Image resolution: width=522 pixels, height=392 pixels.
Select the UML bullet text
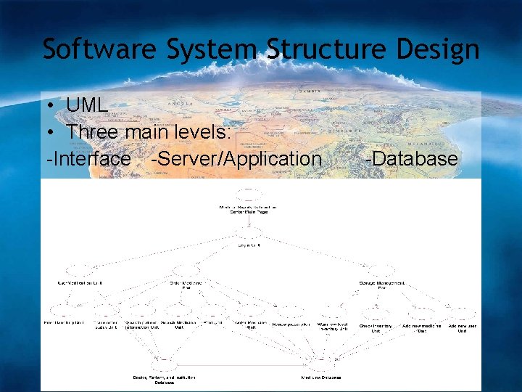86,105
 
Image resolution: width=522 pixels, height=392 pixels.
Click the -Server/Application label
236,159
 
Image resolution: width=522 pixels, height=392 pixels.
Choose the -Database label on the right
411,159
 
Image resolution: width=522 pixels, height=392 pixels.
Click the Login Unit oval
248,232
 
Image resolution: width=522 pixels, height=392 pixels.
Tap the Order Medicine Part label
186,285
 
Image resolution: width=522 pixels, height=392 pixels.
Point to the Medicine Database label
321,377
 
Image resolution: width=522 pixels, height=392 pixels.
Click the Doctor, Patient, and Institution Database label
164,378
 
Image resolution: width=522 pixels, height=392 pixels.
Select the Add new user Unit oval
462,314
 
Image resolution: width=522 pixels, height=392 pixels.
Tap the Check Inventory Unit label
376,327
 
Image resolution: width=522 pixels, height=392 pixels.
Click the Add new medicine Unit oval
420,314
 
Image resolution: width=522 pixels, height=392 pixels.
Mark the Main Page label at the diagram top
248,209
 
